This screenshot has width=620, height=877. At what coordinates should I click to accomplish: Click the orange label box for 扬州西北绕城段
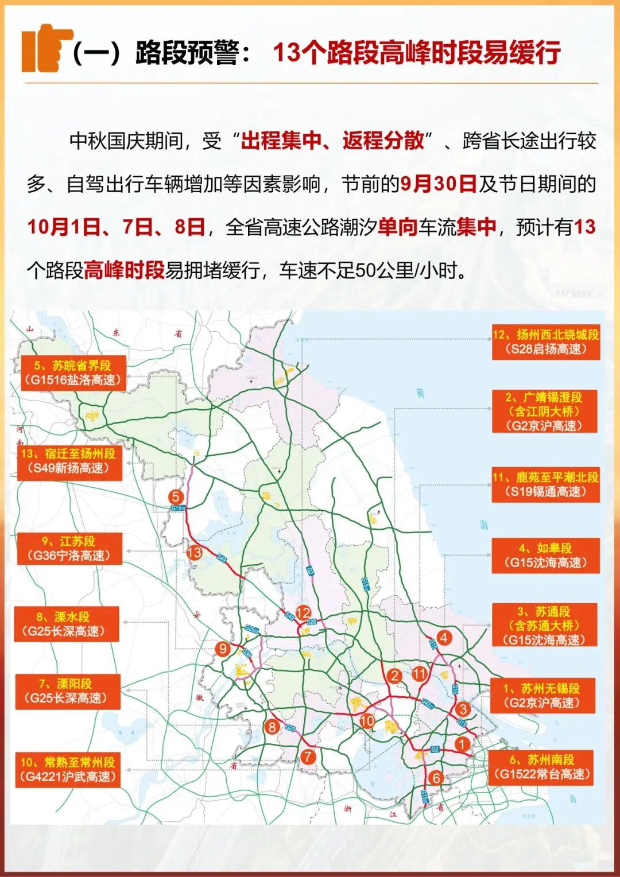point(546,342)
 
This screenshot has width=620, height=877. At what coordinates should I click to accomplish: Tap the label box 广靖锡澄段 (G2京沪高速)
point(545,411)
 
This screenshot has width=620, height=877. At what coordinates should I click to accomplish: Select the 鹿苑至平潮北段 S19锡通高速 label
point(545,484)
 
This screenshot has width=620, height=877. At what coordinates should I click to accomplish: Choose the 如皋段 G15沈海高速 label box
point(545,556)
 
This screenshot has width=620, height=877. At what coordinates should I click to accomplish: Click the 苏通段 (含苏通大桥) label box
point(544,626)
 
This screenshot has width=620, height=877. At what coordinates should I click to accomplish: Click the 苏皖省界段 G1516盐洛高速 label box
point(73,372)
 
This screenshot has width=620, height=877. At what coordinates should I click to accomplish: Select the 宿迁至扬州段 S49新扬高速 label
point(69,461)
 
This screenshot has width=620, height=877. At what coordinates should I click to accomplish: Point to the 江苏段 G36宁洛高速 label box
point(69,548)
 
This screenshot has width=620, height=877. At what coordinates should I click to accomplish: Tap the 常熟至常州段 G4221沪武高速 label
point(68,769)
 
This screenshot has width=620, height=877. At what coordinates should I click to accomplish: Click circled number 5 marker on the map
point(176,497)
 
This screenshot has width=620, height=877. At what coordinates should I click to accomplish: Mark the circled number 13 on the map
point(194,553)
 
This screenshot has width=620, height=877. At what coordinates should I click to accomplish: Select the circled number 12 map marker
point(303,612)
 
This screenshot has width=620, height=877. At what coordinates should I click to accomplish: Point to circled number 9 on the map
point(223,649)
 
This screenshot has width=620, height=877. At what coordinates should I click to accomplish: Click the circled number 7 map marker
point(308,756)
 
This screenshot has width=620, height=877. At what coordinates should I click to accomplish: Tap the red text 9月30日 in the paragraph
point(439,184)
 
